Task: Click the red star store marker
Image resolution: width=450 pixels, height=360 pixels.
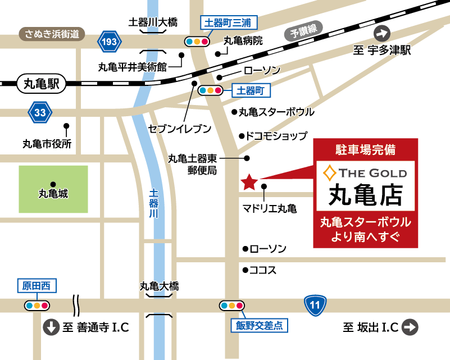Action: tap(249, 181)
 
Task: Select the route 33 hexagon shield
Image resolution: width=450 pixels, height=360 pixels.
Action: tap(40, 112)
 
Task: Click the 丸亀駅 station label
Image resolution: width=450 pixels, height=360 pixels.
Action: tap(42, 84)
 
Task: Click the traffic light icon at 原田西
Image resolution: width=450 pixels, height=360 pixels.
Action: tap(37, 306)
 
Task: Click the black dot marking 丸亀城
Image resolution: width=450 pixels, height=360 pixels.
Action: tap(53, 184)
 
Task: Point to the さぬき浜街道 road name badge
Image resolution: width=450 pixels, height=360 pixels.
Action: tap(52, 34)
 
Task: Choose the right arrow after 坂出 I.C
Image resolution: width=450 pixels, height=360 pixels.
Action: tap(410, 327)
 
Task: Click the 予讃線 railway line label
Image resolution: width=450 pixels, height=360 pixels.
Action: tap(303, 32)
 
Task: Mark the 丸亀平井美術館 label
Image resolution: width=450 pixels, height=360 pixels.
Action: tap(133, 67)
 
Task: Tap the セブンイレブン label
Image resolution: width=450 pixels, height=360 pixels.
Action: tap(180, 129)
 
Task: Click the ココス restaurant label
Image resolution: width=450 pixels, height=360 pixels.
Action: tap(263, 270)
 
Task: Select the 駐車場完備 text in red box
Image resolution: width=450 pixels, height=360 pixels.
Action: tap(365, 150)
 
